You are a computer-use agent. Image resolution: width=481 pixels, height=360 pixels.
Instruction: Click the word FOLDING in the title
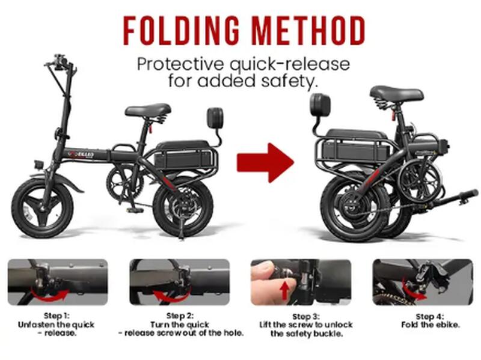tap(182, 31)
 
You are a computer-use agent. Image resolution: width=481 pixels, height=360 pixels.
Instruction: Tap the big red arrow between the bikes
tap(265, 163)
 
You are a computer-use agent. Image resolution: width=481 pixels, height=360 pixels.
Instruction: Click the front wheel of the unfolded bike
tap(42, 208)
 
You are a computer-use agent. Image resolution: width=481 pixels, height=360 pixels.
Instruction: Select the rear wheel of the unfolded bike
tap(183, 207)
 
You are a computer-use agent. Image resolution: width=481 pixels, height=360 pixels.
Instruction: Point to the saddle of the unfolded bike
tap(148, 111)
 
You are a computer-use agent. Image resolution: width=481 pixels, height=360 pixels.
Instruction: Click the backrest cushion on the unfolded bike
tap(215, 118)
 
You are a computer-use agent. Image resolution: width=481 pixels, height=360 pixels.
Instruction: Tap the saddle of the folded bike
tap(397, 93)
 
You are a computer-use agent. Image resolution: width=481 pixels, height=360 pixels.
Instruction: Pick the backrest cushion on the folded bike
tap(320, 105)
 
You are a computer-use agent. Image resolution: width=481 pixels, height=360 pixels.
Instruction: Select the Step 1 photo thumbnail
tap(58, 282)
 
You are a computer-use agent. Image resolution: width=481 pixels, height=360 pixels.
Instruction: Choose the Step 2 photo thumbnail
tap(179, 282)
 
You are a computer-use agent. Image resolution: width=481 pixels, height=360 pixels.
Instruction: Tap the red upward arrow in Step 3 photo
tap(285, 290)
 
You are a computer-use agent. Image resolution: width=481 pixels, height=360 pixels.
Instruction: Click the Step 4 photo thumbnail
tap(423, 282)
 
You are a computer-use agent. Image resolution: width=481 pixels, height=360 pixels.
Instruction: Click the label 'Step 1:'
tap(57, 316)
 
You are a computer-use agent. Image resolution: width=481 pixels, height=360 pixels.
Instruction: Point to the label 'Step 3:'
tap(306, 317)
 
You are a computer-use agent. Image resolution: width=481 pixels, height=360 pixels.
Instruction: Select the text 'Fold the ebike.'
tap(430, 325)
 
